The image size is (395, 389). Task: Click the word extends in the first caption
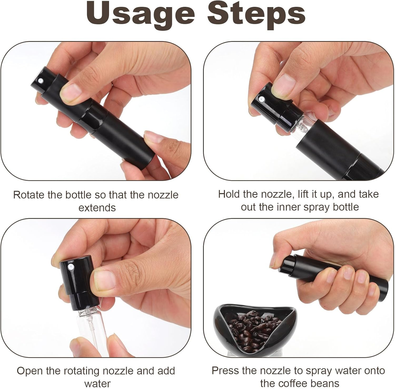[x=97, y=208]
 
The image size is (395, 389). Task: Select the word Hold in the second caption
[x=229, y=194]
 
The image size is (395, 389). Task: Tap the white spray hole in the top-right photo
[x=261, y=99]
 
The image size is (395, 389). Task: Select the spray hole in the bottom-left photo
[x=71, y=267]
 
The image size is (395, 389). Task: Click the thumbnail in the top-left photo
[x=71, y=92]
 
